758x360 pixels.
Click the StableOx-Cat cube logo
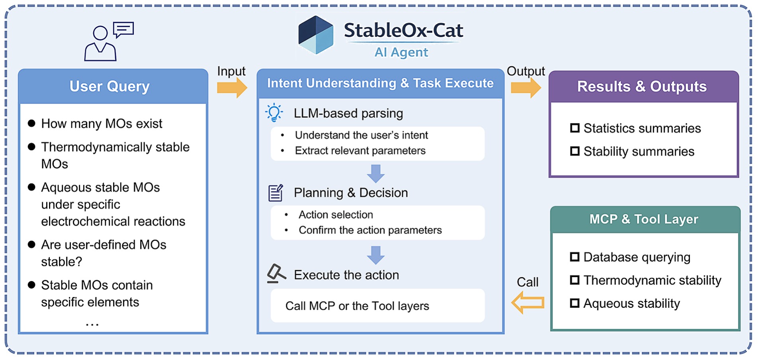[316, 35]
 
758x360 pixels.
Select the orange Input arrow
[232, 87]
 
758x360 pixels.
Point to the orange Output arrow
[526, 87]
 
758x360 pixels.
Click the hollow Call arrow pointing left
[528, 303]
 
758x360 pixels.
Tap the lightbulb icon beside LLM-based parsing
[274, 113]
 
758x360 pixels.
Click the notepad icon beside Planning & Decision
[275, 193]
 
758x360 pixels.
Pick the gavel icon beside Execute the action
[276, 274]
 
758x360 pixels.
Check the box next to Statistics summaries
[574, 128]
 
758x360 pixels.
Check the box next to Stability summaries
[574, 151]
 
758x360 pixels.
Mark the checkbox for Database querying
[574, 257]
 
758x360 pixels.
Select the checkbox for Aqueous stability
[574, 303]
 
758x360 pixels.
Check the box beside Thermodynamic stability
[574, 280]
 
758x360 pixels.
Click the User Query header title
[109, 86]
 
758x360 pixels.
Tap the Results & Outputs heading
[642, 86]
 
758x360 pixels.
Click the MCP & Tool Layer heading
[644, 219]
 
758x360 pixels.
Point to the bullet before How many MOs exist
[31, 123]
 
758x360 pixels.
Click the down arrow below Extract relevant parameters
[375, 174]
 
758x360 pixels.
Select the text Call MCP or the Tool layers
[357, 306]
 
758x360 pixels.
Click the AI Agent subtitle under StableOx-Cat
[401, 52]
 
